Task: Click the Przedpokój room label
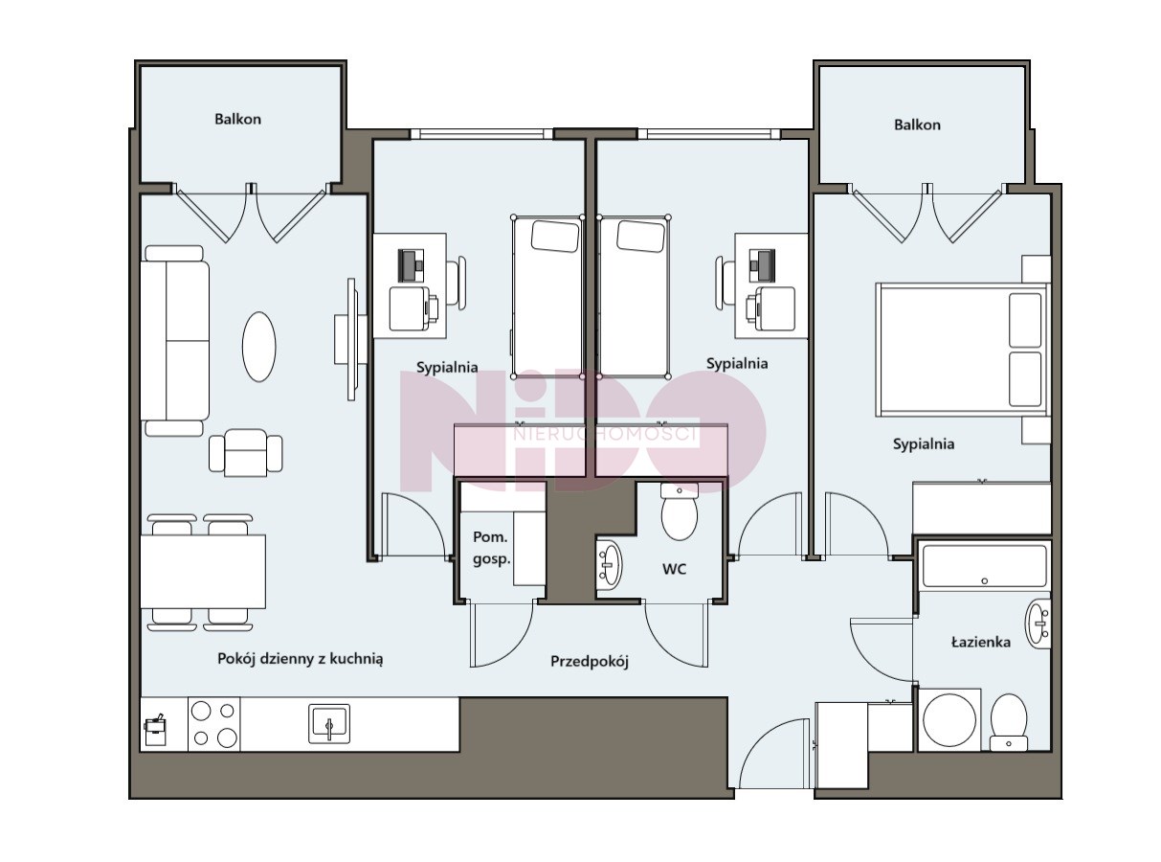click(589, 661)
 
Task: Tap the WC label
click(674, 569)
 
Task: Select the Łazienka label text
click(980, 642)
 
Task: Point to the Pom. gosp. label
click(491, 548)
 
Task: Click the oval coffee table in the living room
click(258, 347)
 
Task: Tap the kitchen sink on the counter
click(328, 724)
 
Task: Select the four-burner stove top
click(214, 724)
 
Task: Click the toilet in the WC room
click(679, 510)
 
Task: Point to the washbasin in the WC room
click(609, 565)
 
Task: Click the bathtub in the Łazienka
click(984, 566)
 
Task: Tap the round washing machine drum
click(949, 720)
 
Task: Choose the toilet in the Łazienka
click(1008, 721)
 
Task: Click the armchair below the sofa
click(245, 453)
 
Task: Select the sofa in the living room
click(175, 341)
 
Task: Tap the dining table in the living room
click(203, 572)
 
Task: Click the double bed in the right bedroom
click(963, 350)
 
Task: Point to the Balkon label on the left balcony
click(237, 119)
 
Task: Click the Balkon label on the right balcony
click(917, 125)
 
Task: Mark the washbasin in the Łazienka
click(1038, 624)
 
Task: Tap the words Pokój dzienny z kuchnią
click(300, 659)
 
